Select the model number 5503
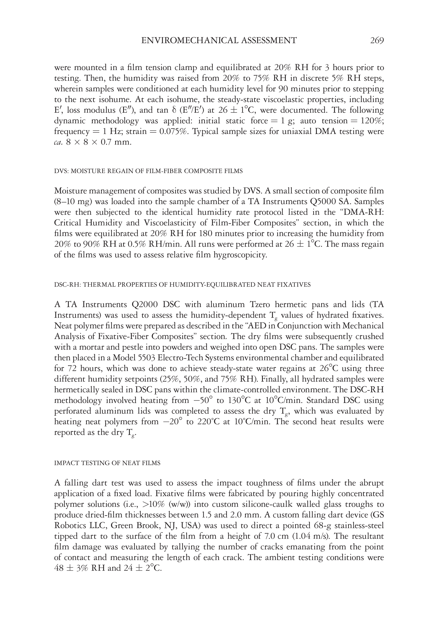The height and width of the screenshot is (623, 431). (146, 358)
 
